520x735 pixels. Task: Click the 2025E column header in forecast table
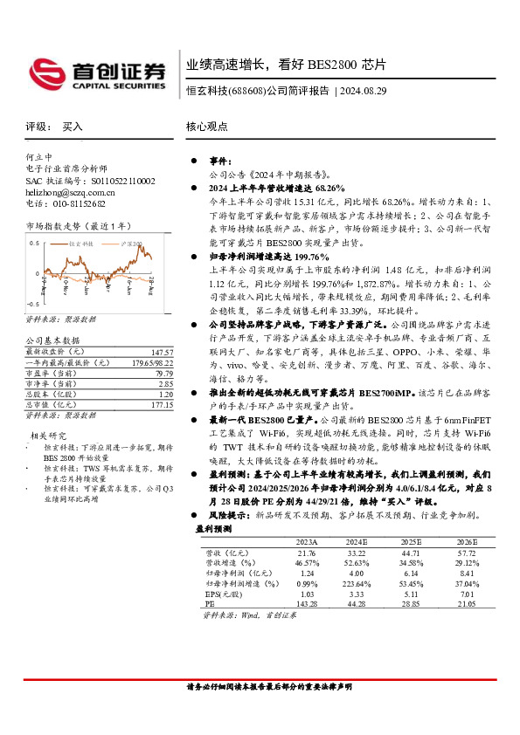pyautogui.click(x=410, y=540)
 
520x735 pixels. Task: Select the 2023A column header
pyautogui.click(x=306, y=540)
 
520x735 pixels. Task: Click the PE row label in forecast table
pyautogui.click(x=211, y=603)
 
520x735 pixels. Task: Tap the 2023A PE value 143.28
pyautogui.click(x=306, y=603)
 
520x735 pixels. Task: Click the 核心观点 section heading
pyautogui.click(x=207, y=127)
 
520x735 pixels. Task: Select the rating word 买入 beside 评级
pyautogui.click(x=73, y=127)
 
